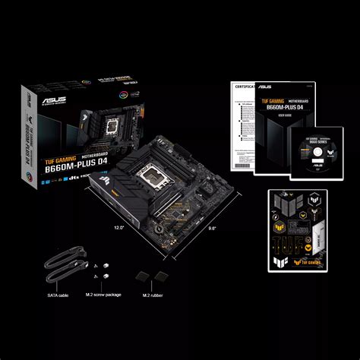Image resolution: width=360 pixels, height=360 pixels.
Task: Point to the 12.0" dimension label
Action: click(x=118, y=226)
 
